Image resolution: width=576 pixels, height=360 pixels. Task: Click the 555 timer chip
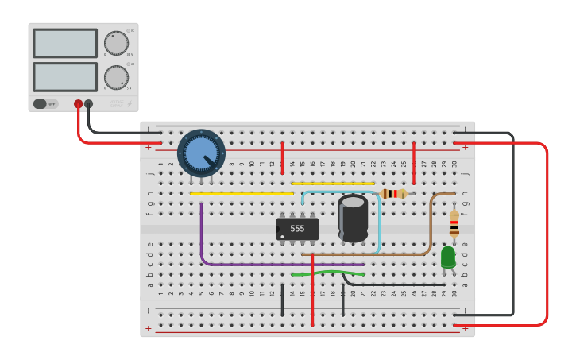297,228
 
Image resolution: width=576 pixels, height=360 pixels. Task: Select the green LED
448,257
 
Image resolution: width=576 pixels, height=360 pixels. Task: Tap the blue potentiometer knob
201,152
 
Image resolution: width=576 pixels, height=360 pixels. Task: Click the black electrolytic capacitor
353,218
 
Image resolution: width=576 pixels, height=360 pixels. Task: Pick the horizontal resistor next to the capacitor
393,193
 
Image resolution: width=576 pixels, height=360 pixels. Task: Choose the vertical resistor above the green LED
454,223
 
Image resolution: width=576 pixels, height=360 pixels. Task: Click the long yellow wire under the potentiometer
242,193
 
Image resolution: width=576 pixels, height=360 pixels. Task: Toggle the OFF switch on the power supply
45,103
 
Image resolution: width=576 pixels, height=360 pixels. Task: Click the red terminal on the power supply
78,104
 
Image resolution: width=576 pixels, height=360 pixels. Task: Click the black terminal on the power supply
88,104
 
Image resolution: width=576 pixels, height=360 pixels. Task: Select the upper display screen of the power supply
65,43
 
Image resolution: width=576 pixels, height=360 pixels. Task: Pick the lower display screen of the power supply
65,76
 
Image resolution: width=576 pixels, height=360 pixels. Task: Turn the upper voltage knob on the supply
116,43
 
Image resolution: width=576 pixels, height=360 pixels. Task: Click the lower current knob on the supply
116,77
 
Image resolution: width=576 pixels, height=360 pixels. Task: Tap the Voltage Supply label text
117,103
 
